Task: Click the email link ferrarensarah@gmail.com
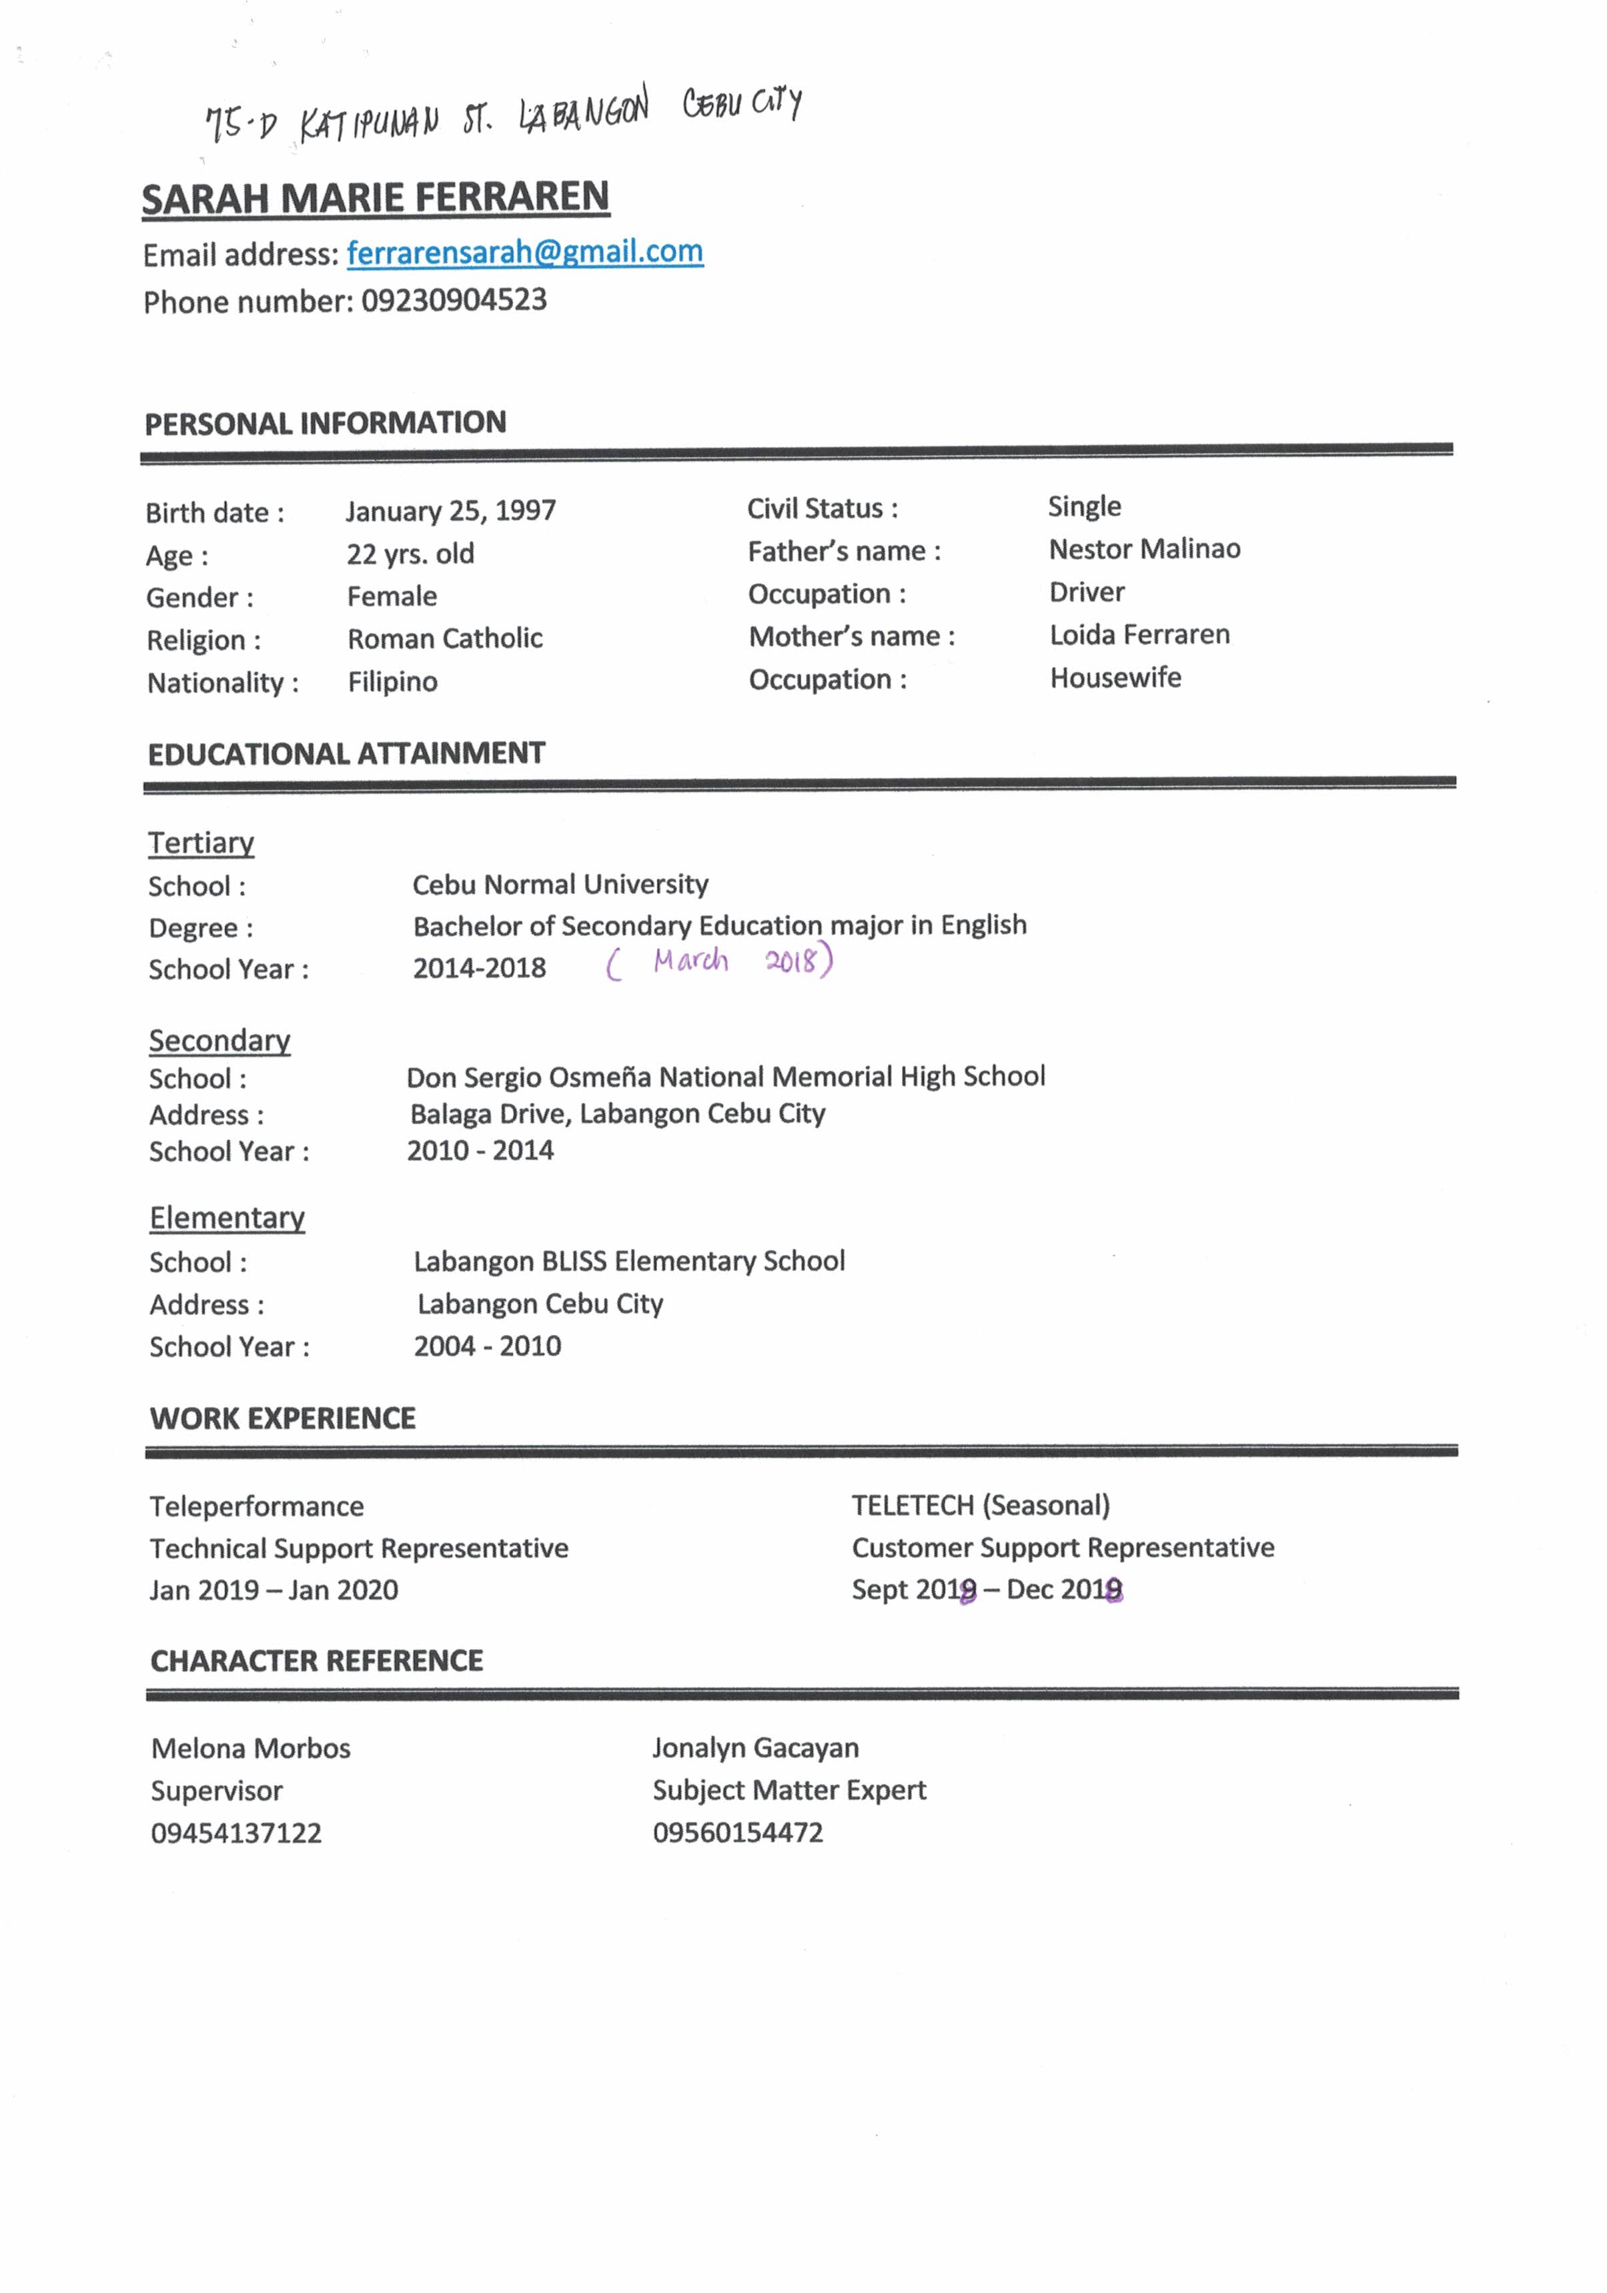pos(524,253)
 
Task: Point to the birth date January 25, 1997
pos(450,511)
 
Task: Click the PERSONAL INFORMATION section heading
pos(325,424)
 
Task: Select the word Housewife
pos(1115,678)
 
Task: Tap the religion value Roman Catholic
pos(444,639)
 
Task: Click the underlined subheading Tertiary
pos(201,843)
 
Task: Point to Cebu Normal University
pos(560,885)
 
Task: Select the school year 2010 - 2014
pos(480,1150)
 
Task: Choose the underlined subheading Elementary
pos(227,1218)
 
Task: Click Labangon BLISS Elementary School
pos(629,1262)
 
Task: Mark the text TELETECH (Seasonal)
pos(980,1505)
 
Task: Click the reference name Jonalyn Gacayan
pos(755,1748)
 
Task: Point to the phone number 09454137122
pos(237,1833)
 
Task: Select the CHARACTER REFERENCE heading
pos(317,1661)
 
